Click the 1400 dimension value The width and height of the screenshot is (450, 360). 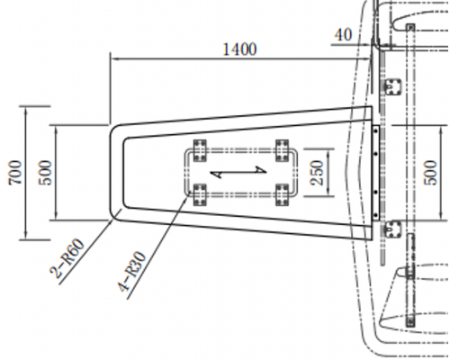click(240, 49)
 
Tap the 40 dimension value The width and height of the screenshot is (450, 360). click(343, 35)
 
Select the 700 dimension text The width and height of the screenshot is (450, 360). click(15, 172)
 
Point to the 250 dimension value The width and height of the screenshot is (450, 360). click(318, 173)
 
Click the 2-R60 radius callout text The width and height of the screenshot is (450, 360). click(67, 258)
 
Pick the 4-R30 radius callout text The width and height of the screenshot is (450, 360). click(132, 272)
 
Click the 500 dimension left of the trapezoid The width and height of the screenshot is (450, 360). click(46, 173)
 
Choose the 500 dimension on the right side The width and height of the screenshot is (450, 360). click(430, 173)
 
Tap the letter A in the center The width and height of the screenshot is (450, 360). click(217, 175)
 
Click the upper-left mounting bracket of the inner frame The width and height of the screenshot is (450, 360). click(200, 150)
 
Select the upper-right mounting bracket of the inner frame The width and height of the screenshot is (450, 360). click(282, 150)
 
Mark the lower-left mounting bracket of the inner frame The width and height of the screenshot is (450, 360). click(200, 195)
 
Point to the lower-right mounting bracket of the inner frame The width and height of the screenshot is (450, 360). click(282, 195)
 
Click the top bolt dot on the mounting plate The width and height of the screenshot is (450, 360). click(375, 130)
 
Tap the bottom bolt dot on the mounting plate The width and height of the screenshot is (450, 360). click(375, 215)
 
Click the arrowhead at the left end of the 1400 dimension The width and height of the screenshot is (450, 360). click(115, 59)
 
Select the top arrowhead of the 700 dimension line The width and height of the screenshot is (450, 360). click(26, 111)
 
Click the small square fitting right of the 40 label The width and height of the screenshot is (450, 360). click(410, 28)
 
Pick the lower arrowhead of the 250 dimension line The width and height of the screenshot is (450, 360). click(328, 193)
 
